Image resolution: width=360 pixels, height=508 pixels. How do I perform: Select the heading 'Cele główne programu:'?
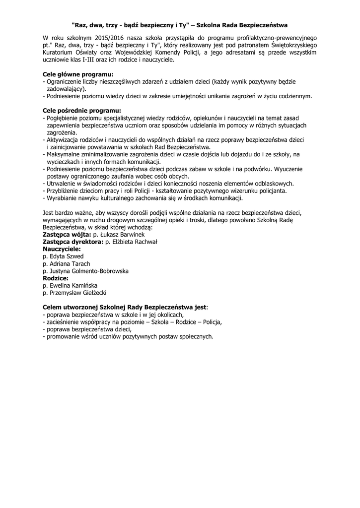click(x=75, y=74)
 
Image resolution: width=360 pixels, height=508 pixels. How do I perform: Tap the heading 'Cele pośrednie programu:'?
click(x=82, y=110)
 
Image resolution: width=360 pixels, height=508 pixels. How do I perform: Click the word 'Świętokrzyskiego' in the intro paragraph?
click(x=293, y=45)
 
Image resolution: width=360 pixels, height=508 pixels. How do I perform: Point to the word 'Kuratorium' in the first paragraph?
click(x=59, y=53)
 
